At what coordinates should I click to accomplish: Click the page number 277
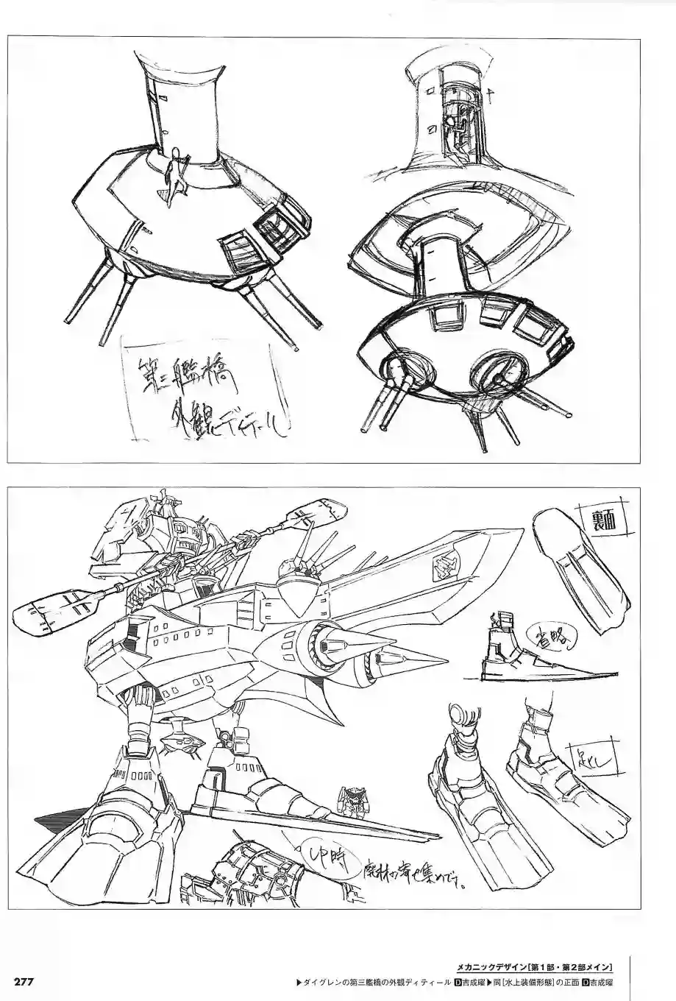(x=28, y=982)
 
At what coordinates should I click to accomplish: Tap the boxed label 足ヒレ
(x=592, y=757)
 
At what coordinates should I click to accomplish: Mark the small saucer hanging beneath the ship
(x=179, y=743)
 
